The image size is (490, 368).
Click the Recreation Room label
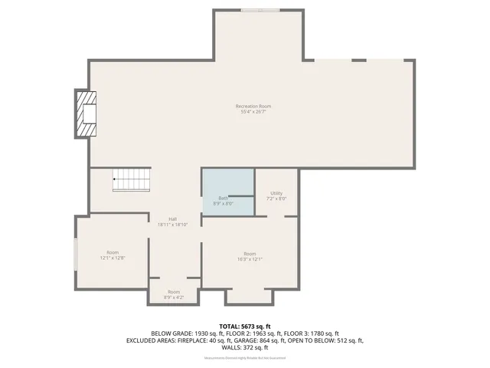point(253,106)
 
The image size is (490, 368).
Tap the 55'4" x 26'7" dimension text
point(253,113)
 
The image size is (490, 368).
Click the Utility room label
point(276,193)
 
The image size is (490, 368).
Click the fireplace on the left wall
point(85,114)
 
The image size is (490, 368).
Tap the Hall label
point(173,219)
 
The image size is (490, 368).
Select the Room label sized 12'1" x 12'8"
point(113,252)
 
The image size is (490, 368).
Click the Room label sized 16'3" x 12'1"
point(250,254)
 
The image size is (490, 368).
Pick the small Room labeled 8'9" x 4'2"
point(174,292)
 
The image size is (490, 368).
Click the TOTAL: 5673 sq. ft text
point(245,327)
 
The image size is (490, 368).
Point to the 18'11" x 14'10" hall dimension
point(173,225)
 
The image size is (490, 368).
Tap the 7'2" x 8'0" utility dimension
point(276,199)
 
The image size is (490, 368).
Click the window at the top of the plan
point(260,10)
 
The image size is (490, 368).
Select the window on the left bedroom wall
point(75,254)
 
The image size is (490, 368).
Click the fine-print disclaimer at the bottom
point(245,358)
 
